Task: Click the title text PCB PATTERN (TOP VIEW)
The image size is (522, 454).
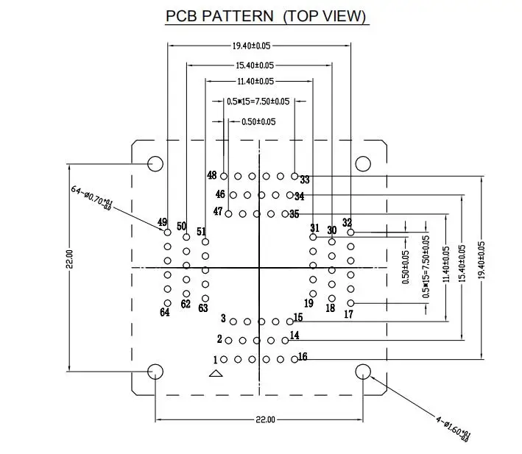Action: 266,16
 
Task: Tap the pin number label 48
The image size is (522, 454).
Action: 212,175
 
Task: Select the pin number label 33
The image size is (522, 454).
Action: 305,180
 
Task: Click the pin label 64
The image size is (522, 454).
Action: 165,312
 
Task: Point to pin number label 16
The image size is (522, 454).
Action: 303,357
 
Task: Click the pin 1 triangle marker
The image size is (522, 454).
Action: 216,374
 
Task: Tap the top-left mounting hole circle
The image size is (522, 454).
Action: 155,164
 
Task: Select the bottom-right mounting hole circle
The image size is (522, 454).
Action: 363,372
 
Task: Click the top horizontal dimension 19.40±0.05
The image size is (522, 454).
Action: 251,46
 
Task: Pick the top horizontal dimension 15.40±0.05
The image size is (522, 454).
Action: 255,65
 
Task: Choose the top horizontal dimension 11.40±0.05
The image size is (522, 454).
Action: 255,82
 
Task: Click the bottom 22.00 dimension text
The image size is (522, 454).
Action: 265,419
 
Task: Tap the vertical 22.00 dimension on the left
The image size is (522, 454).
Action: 70,259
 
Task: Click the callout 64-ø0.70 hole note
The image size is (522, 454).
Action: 92,198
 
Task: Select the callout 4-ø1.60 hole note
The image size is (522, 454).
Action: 454,429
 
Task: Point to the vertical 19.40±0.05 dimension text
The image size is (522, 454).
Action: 482,260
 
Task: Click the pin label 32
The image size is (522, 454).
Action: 347,222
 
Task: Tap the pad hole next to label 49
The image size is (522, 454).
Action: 167,233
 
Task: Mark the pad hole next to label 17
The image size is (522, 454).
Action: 350,303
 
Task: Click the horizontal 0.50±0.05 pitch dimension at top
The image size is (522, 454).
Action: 258,121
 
